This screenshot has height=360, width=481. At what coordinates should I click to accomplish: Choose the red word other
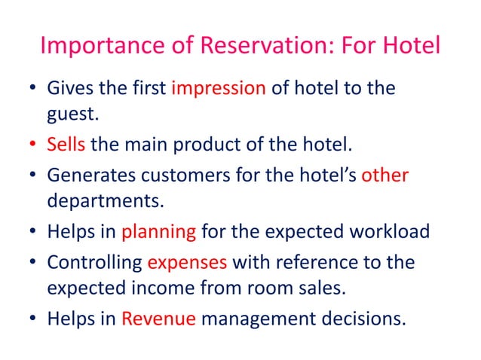[385, 175]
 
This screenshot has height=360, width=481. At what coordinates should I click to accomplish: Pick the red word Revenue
[159, 318]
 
